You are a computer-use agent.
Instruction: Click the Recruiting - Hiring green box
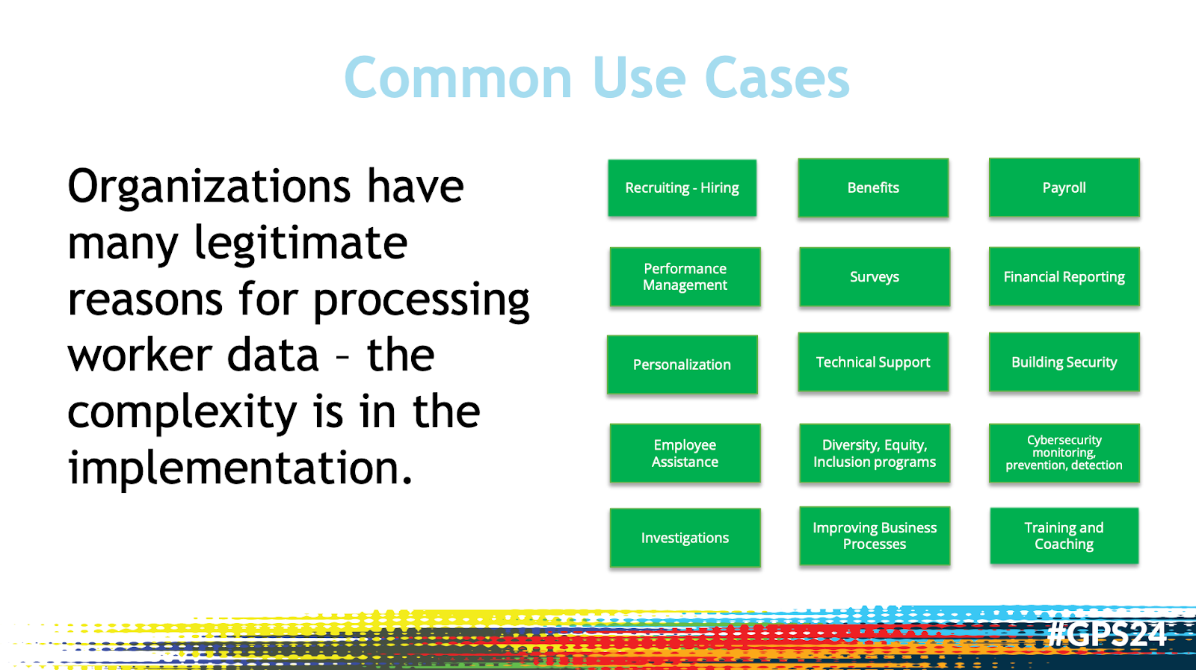(x=682, y=187)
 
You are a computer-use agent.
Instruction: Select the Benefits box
(x=873, y=187)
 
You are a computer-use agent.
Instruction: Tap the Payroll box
(x=1064, y=187)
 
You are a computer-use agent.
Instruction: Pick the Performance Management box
(x=685, y=276)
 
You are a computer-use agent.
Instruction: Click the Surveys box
(x=874, y=276)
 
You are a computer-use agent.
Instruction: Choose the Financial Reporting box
(x=1064, y=276)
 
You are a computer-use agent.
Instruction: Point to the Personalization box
(x=682, y=365)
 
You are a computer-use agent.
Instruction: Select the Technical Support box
(x=873, y=362)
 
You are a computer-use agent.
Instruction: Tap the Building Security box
(x=1064, y=362)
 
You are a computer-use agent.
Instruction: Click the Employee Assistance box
(x=685, y=453)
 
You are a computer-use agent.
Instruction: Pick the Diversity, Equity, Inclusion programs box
(x=874, y=453)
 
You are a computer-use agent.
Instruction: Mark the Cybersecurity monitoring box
(x=1064, y=453)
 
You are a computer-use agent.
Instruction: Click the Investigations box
(x=685, y=538)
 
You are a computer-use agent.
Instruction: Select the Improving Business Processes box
(x=874, y=536)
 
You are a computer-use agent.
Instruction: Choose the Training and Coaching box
(x=1064, y=536)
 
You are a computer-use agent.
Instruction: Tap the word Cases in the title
(x=777, y=78)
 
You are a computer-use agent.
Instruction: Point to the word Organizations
(x=209, y=187)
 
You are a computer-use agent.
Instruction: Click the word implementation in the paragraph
(x=239, y=468)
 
